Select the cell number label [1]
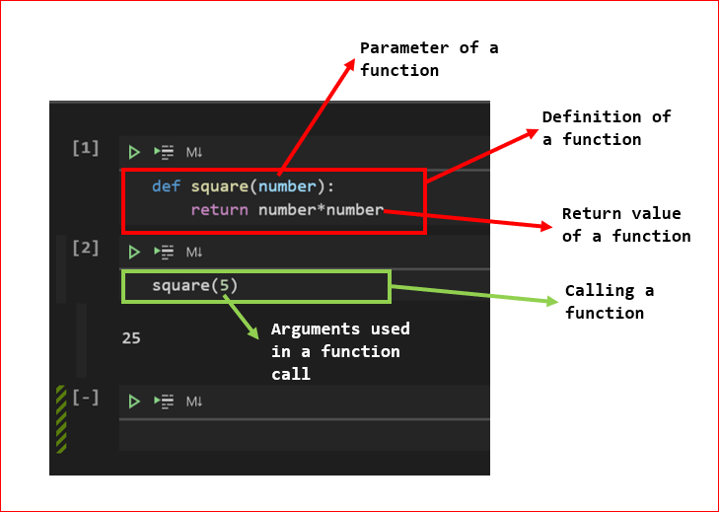point(86,148)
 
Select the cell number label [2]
point(86,248)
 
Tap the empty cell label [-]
point(86,398)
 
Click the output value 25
point(131,337)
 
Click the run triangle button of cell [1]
point(135,152)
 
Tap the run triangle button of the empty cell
point(135,402)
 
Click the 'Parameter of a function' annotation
point(428,58)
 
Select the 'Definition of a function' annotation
point(606,128)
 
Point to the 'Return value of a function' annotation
point(625,225)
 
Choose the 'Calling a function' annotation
point(609,301)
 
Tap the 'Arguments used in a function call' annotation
point(339,350)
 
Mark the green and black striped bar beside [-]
point(60,418)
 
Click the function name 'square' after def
point(220,186)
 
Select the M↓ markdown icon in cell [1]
point(194,152)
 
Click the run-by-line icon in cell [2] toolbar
point(164,252)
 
